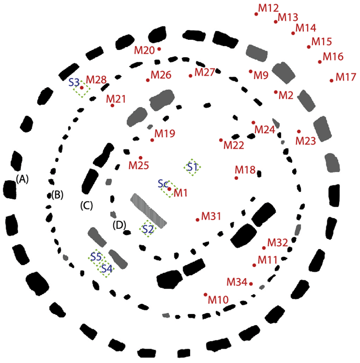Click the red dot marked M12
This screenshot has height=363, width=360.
click(x=256, y=14)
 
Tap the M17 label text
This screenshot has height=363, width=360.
click(x=347, y=78)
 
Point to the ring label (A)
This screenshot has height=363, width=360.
click(x=23, y=179)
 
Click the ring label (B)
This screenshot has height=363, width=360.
click(x=57, y=195)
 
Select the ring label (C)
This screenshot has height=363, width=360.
click(x=86, y=206)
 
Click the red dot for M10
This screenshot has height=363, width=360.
click(x=205, y=295)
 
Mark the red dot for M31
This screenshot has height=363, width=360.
click(x=197, y=220)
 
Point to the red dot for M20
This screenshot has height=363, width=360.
click(x=159, y=49)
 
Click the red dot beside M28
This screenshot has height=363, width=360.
click(x=82, y=88)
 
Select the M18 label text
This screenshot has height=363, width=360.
click(x=245, y=169)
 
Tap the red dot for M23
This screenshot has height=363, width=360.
click(x=299, y=131)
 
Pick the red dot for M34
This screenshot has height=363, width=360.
click(x=251, y=284)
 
